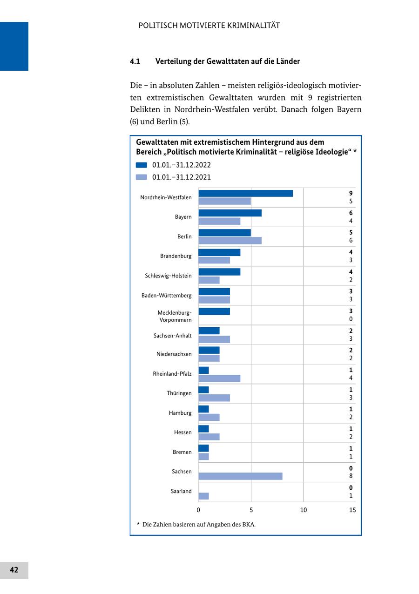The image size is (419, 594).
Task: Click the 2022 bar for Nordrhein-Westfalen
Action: (x=245, y=193)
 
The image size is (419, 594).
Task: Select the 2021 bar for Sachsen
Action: (x=240, y=476)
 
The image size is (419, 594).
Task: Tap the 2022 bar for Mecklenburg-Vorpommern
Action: (x=214, y=311)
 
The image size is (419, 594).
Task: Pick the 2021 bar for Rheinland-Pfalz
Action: (x=219, y=378)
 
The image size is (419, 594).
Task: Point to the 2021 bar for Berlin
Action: (x=230, y=241)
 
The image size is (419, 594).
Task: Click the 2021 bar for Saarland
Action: (x=203, y=496)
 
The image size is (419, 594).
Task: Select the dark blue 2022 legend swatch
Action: (x=141, y=165)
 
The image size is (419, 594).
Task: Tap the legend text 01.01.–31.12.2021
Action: (x=182, y=177)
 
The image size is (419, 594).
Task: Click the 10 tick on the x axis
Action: (x=304, y=510)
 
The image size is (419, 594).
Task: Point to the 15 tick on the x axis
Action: (x=352, y=510)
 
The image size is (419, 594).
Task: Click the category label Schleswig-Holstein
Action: (x=168, y=276)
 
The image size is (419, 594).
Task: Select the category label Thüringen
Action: (x=179, y=393)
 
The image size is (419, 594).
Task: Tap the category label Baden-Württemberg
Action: (x=167, y=295)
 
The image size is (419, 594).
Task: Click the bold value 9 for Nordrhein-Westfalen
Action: (x=351, y=193)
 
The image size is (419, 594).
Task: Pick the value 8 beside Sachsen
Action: (x=351, y=476)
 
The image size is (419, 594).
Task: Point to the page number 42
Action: (x=14, y=570)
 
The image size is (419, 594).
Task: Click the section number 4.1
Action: (x=135, y=61)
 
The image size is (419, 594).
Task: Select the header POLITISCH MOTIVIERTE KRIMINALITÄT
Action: (x=209, y=26)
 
